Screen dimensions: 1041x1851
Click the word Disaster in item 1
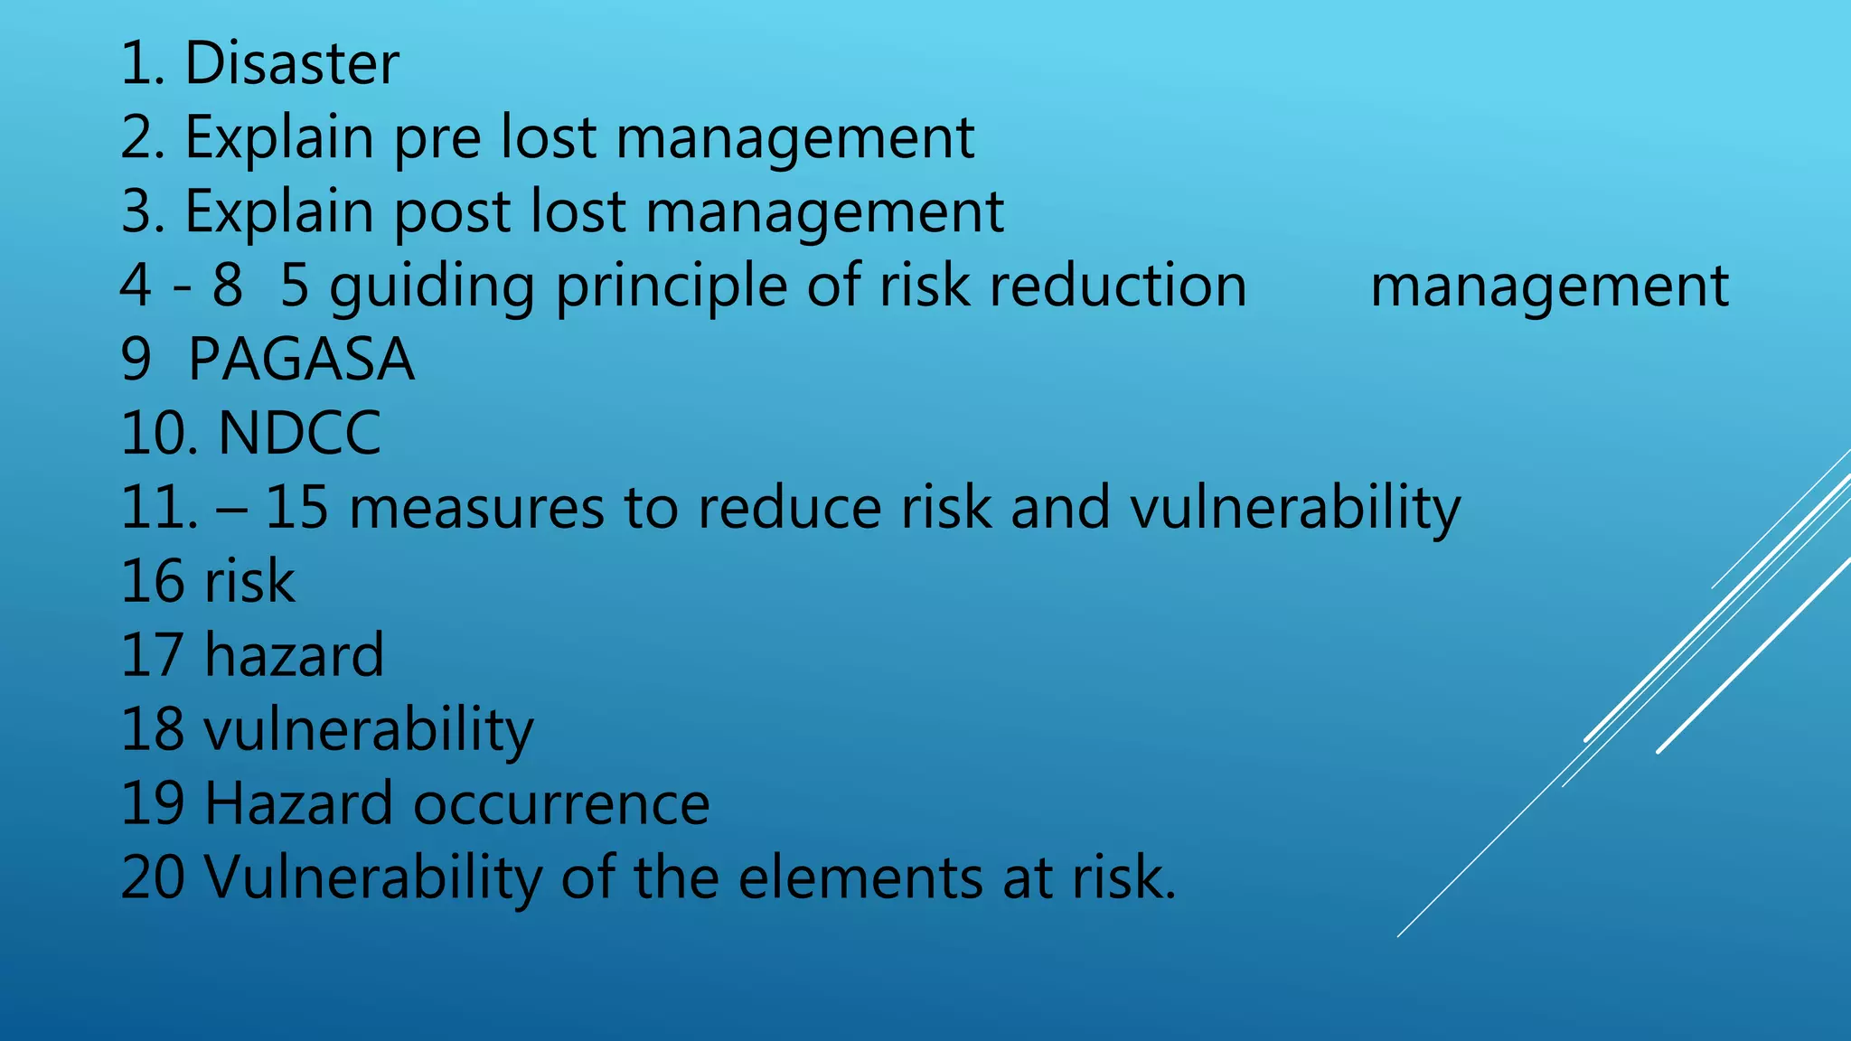pyautogui.click(x=291, y=64)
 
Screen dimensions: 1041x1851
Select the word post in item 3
pyautogui.click(x=452, y=212)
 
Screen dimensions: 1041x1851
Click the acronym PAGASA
pyautogui.click(x=301, y=360)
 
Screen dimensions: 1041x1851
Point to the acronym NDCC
pyautogui.click(x=299, y=434)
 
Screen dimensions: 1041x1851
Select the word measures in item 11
pyautogui.click(x=475, y=508)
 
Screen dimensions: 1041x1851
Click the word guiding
pyautogui.click(x=432, y=286)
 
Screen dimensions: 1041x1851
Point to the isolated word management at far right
pyautogui.click(x=1549, y=286)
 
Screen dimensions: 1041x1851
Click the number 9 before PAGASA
pyautogui.click(x=136, y=360)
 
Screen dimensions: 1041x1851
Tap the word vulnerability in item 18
pyautogui.click(x=369, y=730)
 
